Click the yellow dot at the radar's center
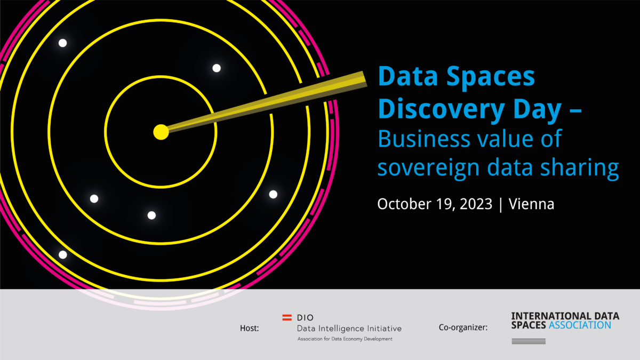coord(161,132)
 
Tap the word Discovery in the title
coord(441,109)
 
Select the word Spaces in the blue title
coord(490,76)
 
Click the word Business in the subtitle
coord(423,139)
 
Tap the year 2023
coord(476,204)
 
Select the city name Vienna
coord(531,204)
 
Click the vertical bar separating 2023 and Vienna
coord(501,205)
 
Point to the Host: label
coord(250,329)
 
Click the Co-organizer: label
coord(463,327)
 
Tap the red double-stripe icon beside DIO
coord(287,317)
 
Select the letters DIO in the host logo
coord(305,318)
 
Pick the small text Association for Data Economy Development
coord(345,339)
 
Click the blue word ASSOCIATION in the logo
coord(580,325)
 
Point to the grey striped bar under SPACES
coord(529,341)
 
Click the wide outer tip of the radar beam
coord(365,79)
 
